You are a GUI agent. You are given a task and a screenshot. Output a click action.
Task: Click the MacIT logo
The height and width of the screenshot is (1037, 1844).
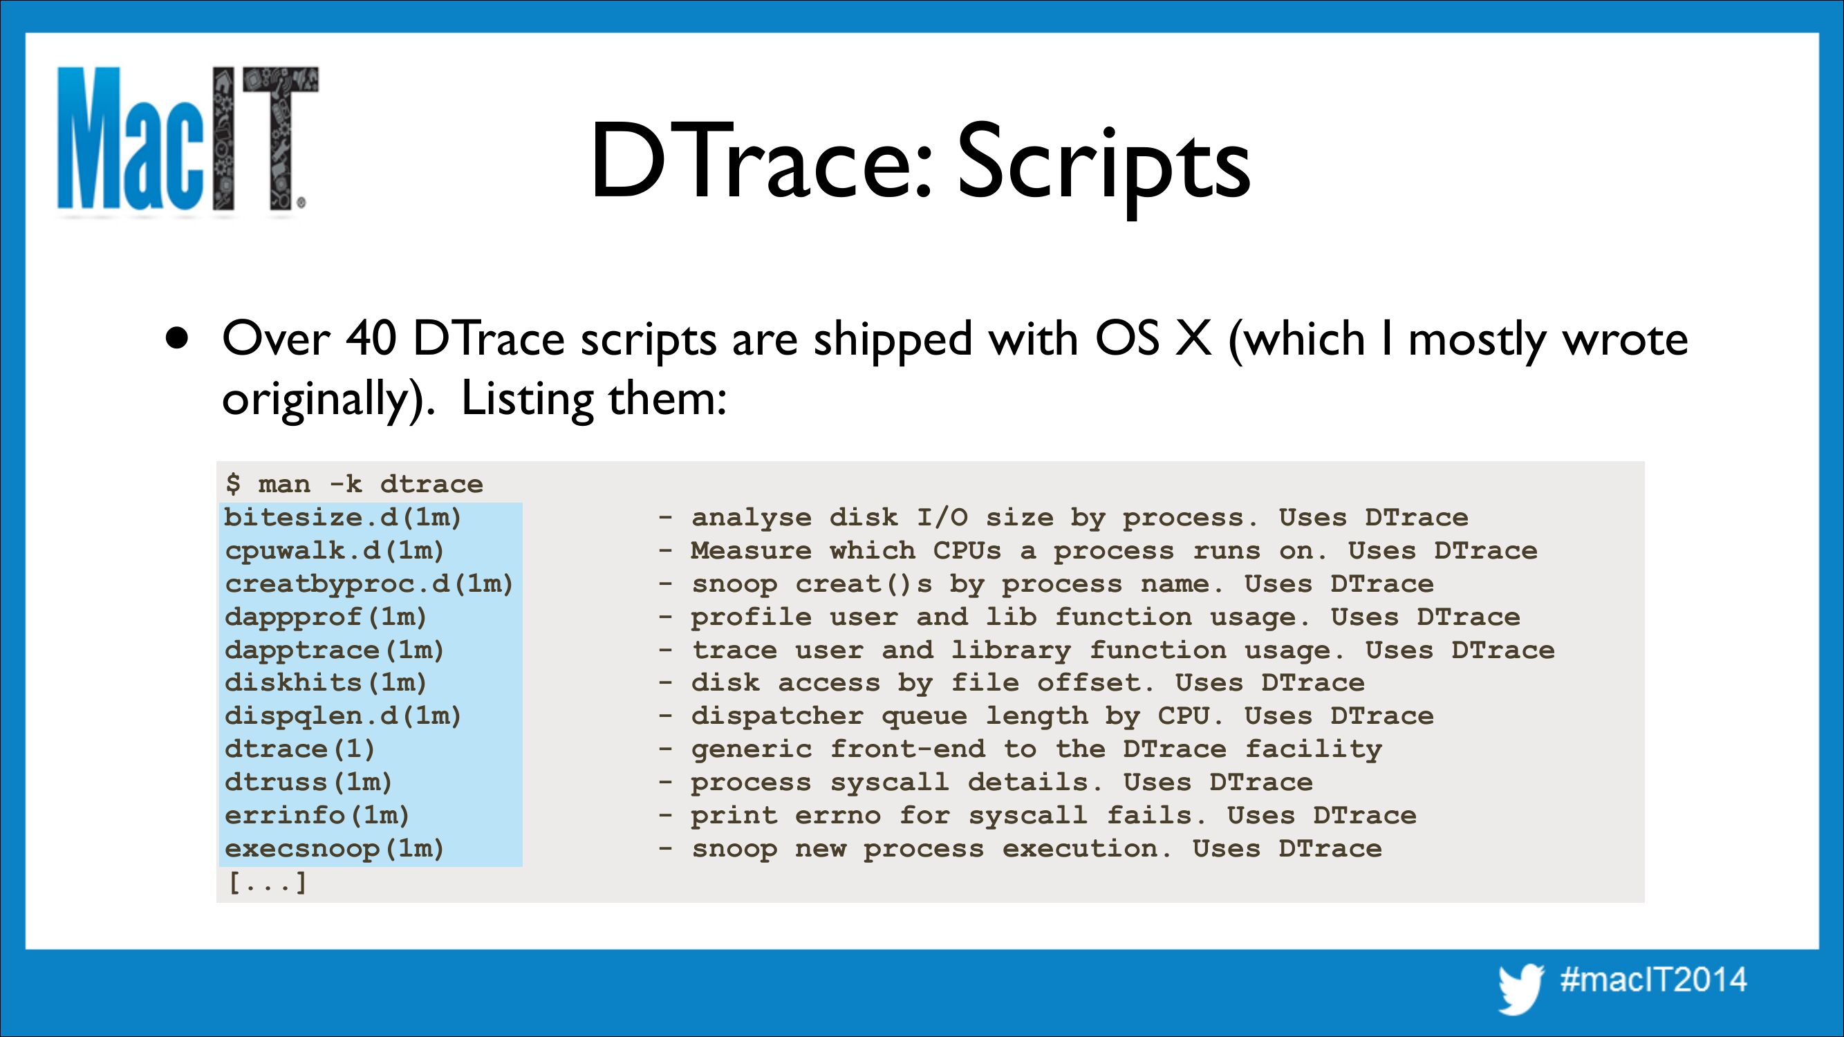tap(187, 140)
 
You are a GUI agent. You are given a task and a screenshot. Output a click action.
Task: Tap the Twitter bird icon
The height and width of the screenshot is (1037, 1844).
tap(1521, 989)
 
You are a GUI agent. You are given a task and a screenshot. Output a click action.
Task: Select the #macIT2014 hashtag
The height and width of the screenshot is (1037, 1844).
tap(1653, 979)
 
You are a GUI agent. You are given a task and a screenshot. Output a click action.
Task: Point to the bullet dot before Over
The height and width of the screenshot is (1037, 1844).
tap(177, 338)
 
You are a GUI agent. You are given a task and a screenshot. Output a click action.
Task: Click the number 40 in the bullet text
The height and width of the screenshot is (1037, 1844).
tap(371, 338)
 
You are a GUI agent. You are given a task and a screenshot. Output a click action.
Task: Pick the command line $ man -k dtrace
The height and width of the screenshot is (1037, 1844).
tap(353, 484)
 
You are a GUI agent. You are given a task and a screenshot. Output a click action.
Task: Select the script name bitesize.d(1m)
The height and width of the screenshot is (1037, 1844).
tap(343, 516)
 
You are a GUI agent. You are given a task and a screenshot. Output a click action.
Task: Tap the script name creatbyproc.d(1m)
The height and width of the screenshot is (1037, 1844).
tap(369, 583)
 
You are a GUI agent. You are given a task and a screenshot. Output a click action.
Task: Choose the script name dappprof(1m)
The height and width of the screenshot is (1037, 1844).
tap(326, 616)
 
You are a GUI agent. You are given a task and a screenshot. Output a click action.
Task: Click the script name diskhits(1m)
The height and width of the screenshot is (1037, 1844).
tap(326, 682)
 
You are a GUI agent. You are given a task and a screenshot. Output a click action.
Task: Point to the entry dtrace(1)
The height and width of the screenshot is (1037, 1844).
tap(300, 749)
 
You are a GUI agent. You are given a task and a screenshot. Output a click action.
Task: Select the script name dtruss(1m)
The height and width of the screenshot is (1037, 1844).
tap(308, 781)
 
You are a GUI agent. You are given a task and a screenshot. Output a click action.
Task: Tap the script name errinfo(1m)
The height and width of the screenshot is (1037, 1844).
tap(317, 815)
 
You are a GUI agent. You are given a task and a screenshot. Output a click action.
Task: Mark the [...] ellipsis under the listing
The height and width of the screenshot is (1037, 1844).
tap(267, 881)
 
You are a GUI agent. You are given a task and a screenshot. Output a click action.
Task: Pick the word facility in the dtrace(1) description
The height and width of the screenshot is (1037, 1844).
tap(1314, 749)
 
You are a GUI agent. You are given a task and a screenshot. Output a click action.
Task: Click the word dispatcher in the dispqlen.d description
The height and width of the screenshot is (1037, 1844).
tap(777, 716)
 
